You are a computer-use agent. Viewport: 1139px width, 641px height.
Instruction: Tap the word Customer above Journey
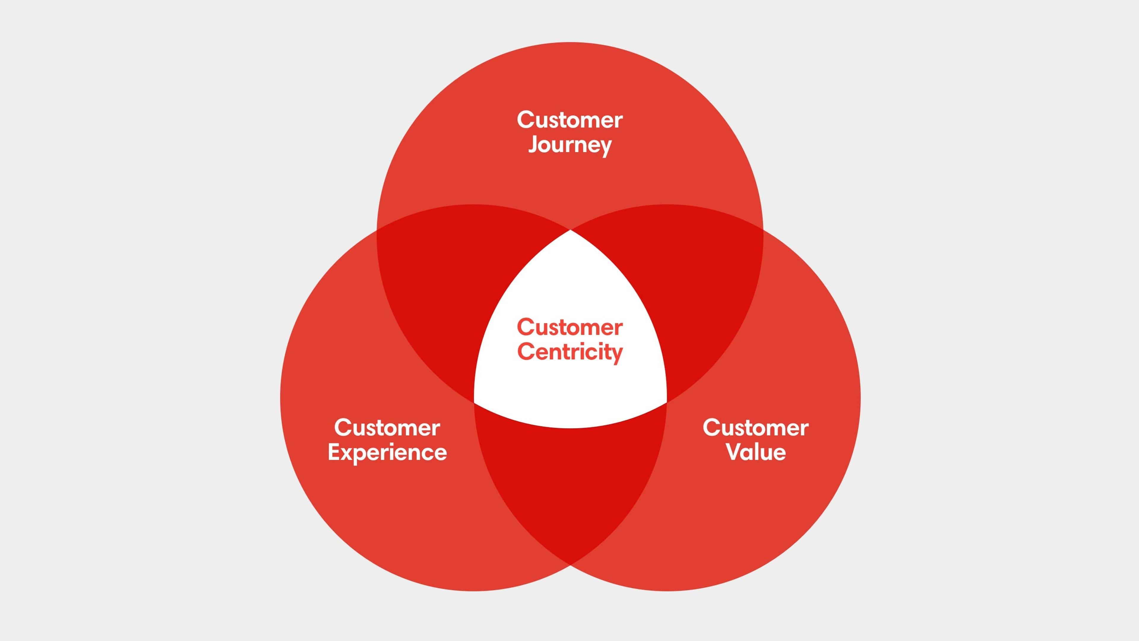pos(570,120)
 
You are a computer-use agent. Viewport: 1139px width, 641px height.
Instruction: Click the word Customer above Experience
pos(387,428)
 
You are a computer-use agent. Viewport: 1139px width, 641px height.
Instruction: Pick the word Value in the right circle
pos(756,452)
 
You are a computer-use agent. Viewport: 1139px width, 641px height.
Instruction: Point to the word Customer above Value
pos(756,428)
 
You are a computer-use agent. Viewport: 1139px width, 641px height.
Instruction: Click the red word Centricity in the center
pos(570,353)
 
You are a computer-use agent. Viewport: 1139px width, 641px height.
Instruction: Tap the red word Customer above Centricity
pos(570,327)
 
